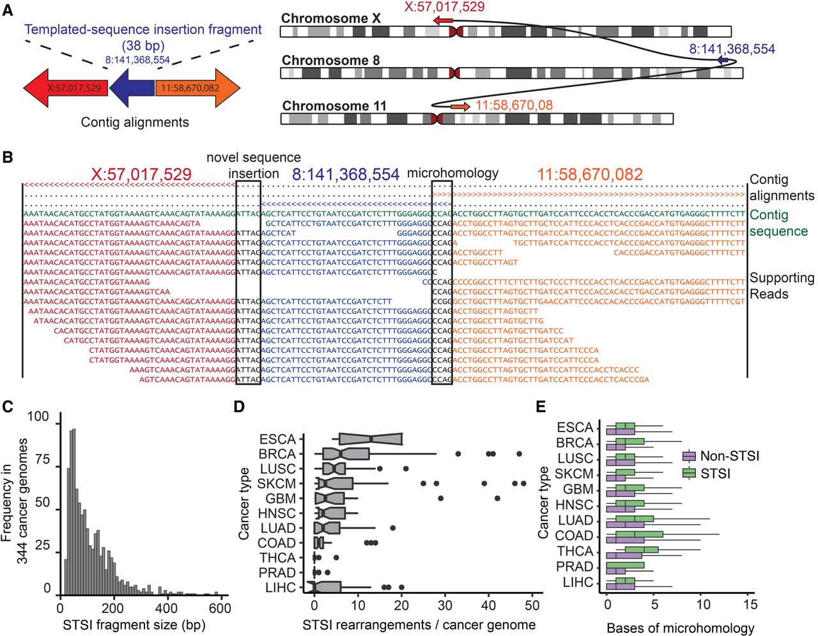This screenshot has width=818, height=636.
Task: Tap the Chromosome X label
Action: (330, 18)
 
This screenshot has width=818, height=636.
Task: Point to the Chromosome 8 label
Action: (330, 60)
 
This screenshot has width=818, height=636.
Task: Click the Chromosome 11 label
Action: (334, 105)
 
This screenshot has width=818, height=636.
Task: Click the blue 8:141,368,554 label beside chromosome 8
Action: (732, 49)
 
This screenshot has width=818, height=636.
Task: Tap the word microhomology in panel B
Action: (452, 173)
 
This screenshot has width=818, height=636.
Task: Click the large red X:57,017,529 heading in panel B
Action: (141, 175)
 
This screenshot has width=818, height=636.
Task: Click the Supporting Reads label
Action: (781, 286)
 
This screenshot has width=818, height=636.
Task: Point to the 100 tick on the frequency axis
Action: (38, 417)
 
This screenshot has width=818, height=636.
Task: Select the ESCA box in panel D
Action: (371, 438)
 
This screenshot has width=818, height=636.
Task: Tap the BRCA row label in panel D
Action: (277, 454)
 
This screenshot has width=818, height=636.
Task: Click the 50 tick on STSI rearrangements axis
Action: (532, 605)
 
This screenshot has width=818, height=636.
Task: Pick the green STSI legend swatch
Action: (689, 473)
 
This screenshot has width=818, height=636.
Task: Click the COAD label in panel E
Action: (574, 536)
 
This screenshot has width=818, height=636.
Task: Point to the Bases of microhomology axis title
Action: (680, 628)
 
